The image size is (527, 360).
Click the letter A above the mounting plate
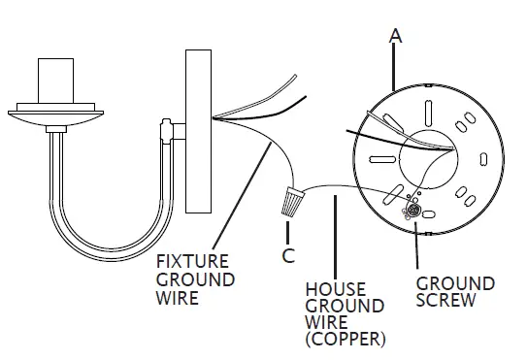click(396, 36)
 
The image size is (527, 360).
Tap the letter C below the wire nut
click(288, 255)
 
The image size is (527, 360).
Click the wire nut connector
click(292, 202)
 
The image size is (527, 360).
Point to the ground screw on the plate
click(412, 211)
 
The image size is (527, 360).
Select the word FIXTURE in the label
click(192, 261)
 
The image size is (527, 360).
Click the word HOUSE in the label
click(336, 289)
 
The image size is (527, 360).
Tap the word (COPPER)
click(346, 340)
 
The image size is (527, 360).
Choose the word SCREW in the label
click(446, 300)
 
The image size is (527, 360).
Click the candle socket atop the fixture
click(55, 81)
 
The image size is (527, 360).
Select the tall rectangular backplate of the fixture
click(198, 131)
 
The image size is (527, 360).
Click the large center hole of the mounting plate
click(429, 160)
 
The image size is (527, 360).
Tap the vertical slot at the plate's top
click(428, 113)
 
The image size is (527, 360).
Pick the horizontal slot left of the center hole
click(381, 159)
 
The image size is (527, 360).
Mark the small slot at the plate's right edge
click(483, 159)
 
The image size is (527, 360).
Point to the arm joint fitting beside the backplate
click(167, 131)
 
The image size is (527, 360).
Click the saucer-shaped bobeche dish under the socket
click(55, 117)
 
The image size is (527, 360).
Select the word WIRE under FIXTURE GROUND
click(178, 298)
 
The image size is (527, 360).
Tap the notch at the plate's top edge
click(428, 85)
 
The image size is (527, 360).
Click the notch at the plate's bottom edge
click(428, 234)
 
